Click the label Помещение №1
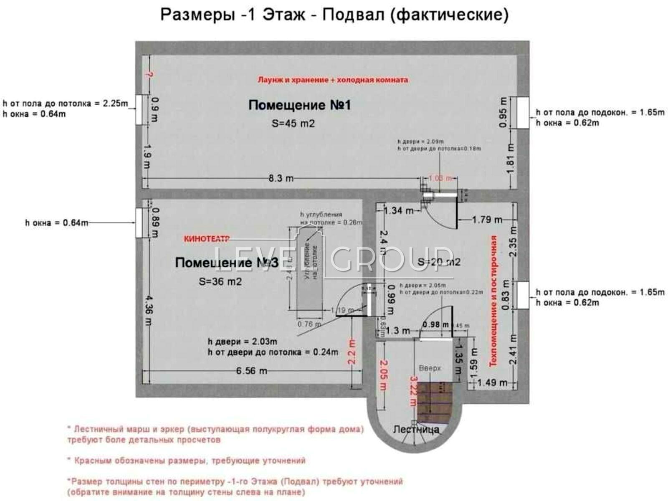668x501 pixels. pos(299,105)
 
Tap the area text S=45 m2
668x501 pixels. pos(293,124)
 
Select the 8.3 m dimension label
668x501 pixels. pos(281,178)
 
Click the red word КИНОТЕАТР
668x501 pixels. pos(206,239)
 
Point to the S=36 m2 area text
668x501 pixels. pos(220,281)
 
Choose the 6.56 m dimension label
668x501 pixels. pos(251,371)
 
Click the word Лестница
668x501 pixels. pos(416,429)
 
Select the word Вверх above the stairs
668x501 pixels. pos(430,368)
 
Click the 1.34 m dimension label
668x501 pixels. pos(399,211)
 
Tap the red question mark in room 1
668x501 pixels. pos(149,75)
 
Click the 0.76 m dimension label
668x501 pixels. pos(309,324)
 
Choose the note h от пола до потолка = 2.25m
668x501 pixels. pos(66,103)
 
